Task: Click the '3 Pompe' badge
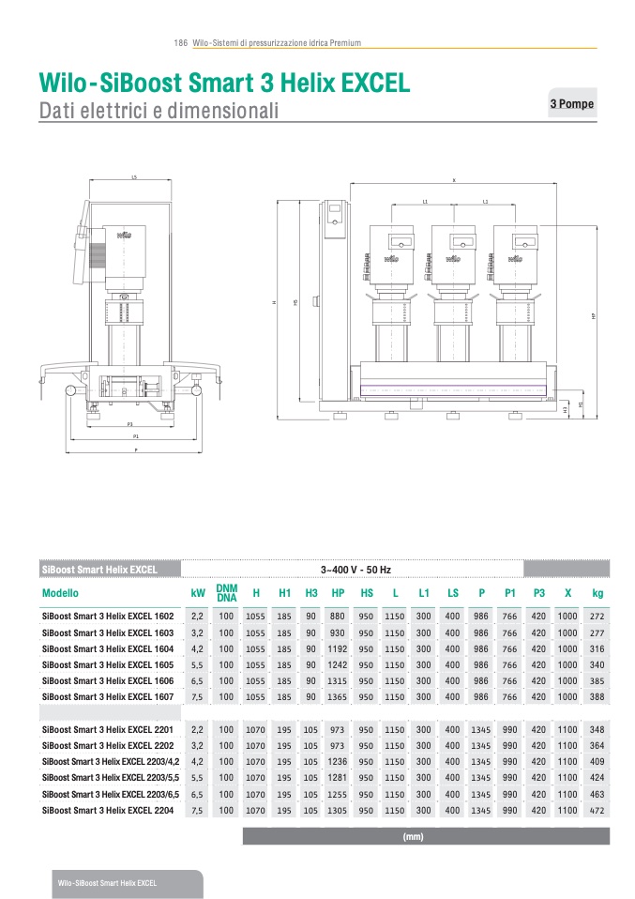[571, 104]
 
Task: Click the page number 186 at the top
[181, 43]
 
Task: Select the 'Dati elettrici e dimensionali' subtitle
[159, 112]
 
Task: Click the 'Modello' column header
[61, 593]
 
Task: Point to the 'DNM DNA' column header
[226, 593]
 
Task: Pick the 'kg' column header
[597, 593]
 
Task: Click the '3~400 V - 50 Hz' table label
[355, 570]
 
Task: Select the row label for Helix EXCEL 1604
[108, 648]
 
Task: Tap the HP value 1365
[339, 697]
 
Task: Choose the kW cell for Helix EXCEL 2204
[197, 811]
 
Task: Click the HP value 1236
[339, 762]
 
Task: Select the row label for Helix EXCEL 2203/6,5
[111, 794]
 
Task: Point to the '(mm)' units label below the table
[413, 836]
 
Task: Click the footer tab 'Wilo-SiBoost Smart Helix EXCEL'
[107, 884]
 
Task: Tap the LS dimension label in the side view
[134, 176]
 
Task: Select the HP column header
[339, 593]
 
